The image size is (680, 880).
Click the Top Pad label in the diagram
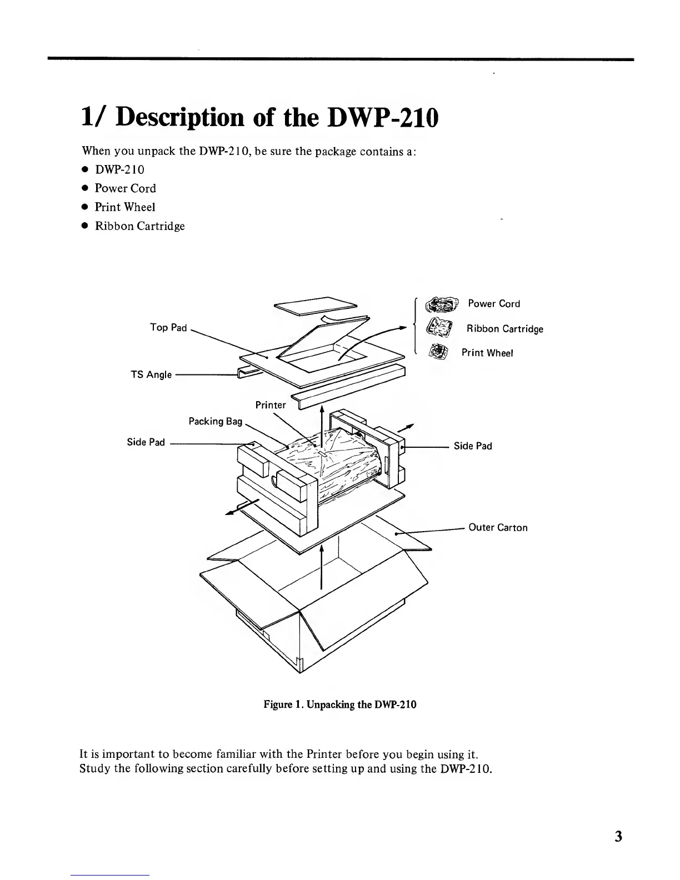[x=168, y=327]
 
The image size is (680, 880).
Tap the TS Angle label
[x=151, y=374]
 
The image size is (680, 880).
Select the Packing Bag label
[x=216, y=421]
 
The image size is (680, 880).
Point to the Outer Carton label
[x=498, y=527]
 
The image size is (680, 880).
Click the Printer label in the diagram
[x=271, y=405]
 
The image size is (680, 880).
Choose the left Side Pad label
[x=146, y=442]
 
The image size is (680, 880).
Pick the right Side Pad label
[x=473, y=446]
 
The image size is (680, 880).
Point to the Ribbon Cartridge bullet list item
[x=139, y=226]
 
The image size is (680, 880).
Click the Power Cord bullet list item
[x=125, y=188]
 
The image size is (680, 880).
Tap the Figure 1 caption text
[x=340, y=705]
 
